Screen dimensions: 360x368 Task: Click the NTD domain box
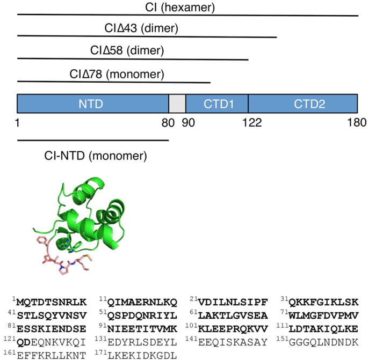pos(92,103)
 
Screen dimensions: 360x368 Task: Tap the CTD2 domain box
pos(302,103)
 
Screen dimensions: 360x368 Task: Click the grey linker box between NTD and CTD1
pos(177,103)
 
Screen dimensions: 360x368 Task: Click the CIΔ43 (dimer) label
pos(142,28)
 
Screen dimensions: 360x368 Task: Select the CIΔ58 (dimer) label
pos(127,51)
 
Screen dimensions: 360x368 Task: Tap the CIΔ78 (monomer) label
pos(117,74)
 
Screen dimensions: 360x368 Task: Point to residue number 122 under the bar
pos(251,123)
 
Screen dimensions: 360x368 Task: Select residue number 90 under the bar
pos(187,123)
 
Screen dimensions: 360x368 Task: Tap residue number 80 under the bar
pos(168,123)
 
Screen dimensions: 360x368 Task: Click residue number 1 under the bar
pos(18,123)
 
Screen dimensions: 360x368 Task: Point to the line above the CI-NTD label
pos(92,141)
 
